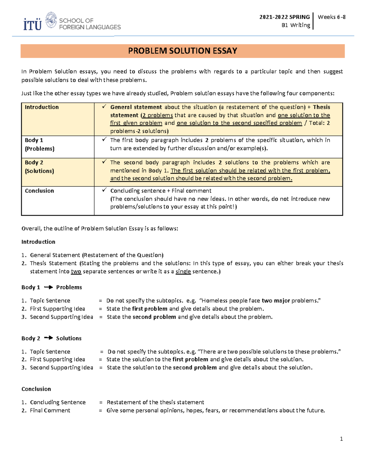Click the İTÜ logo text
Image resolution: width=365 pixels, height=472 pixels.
coord(32,24)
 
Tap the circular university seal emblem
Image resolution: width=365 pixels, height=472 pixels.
coord(51,20)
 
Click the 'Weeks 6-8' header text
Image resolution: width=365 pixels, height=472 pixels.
coord(332,17)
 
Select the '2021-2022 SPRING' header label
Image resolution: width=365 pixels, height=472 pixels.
coord(284,17)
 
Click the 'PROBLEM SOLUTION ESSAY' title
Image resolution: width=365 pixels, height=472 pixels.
coord(182,51)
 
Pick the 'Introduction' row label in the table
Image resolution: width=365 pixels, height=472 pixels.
coord(42,107)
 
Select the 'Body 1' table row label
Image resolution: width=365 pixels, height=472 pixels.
coord(34,140)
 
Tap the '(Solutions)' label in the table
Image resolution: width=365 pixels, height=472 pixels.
coord(39,171)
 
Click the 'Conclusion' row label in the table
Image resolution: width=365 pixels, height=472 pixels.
coord(39,191)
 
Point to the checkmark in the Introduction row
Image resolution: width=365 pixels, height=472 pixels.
coord(104,107)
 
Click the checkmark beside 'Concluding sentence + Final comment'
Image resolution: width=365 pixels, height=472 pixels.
coord(104,190)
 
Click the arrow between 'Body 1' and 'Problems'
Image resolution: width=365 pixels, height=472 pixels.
coord(48,287)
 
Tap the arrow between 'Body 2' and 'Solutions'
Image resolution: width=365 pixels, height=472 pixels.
coord(48,338)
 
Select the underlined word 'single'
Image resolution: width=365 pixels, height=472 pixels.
coord(183,271)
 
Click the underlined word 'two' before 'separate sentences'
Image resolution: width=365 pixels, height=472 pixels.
coord(76,271)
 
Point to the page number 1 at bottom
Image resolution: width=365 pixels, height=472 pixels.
coord(341,439)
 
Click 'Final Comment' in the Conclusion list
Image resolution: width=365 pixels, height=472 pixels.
coord(50,410)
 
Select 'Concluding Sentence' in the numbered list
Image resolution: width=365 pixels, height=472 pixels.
coord(58,402)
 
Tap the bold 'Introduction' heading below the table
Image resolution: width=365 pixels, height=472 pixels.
coord(38,242)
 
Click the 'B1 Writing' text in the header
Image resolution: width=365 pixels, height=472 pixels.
coord(296,25)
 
